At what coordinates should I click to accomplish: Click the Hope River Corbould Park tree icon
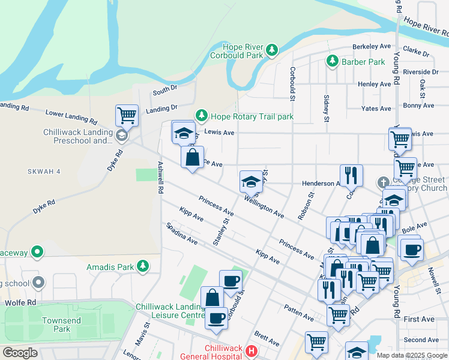[272, 50]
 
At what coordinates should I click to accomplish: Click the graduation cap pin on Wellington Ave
[251, 181]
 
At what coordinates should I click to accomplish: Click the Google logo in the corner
[20, 353]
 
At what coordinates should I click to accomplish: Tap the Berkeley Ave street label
[372, 46]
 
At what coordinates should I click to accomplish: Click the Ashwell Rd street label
[160, 177]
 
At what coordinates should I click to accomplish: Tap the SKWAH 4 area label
[44, 172]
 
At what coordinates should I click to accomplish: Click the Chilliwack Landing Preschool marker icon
[122, 136]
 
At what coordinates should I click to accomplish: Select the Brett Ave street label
[267, 338]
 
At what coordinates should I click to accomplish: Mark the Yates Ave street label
[376, 109]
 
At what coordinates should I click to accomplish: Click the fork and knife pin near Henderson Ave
[352, 175]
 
